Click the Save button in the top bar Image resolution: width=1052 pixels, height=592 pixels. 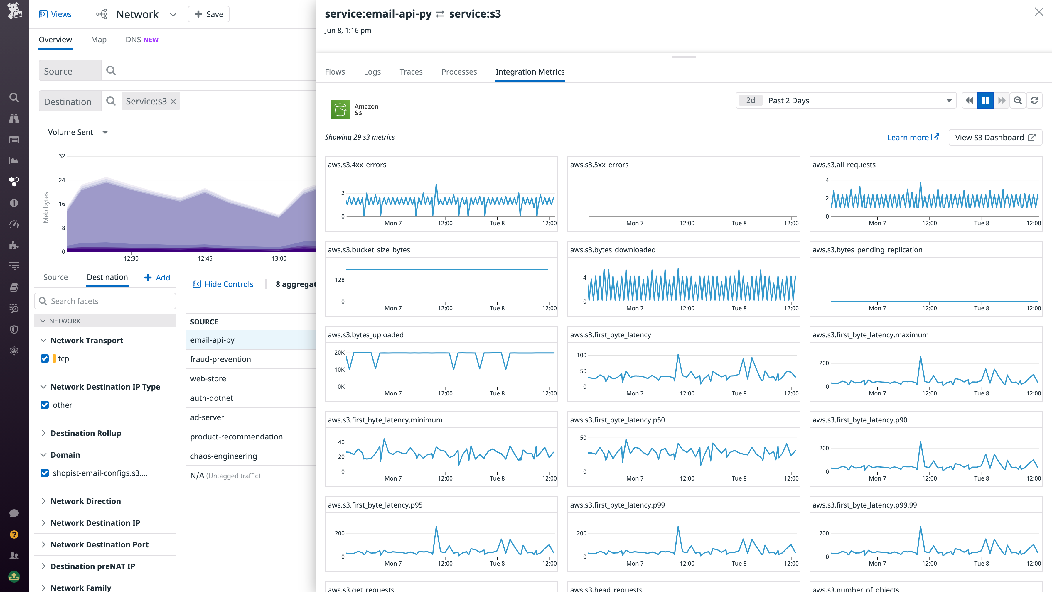209,14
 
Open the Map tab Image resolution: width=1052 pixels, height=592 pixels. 98,40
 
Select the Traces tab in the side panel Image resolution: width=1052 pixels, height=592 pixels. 411,72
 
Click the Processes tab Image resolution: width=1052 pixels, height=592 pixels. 459,72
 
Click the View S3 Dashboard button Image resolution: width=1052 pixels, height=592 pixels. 995,138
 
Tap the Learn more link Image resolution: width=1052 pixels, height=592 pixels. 913,138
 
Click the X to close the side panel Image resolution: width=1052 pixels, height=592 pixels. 1038,12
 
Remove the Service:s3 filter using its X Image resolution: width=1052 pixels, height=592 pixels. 173,102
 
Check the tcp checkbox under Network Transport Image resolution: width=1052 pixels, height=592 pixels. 45,358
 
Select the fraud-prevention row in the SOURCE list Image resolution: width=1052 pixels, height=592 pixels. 220,359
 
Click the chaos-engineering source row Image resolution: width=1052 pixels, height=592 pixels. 223,456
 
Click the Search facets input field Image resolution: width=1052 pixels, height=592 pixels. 105,301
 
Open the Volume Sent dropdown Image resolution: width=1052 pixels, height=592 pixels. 77,132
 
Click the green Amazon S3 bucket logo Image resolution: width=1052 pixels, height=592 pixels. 340,109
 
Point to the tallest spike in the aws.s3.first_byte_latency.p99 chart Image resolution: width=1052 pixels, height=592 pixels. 678,527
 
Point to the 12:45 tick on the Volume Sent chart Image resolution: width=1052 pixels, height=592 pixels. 205,258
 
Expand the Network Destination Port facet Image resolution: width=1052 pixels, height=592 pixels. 99,545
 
